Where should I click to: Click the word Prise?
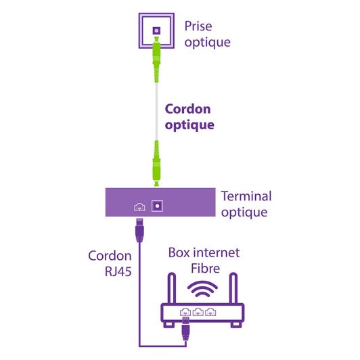tap(199, 28)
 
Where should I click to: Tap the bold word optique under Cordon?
tap(190, 125)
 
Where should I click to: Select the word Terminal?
tap(246, 197)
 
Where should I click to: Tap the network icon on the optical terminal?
tap(139, 206)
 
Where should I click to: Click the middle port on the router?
tap(198, 313)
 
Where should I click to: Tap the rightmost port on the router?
tap(210, 313)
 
